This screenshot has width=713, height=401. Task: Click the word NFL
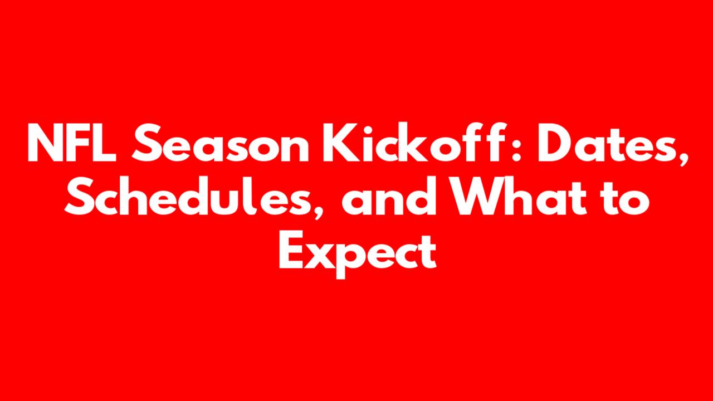point(72,143)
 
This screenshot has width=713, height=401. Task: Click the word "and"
point(389,197)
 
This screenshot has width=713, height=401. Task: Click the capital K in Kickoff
point(339,143)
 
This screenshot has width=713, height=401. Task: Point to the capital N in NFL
point(45,143)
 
